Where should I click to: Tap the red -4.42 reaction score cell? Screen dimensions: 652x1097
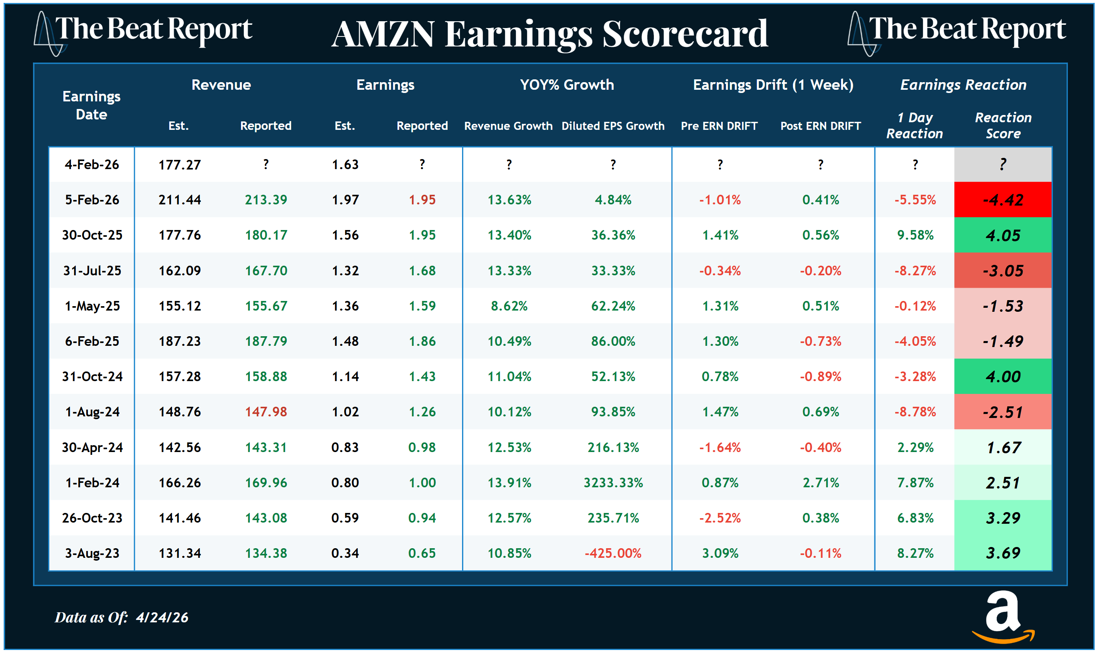[1002, 200]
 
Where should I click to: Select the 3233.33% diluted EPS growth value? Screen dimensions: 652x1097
[613, 483]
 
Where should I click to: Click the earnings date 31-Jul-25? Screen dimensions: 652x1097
[92, 270]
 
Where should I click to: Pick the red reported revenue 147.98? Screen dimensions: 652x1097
[266, 412]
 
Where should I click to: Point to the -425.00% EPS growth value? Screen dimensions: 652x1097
[612, 553]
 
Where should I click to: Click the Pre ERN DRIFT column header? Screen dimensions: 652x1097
[719, 126]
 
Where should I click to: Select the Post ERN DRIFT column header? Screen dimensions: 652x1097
[820, 126]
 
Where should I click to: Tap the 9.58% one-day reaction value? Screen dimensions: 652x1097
[915, 235]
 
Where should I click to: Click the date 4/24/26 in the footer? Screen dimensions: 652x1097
[162, 618]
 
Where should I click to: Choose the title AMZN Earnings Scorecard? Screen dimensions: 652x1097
[549, 34]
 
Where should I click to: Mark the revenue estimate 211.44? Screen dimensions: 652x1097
[179, 200]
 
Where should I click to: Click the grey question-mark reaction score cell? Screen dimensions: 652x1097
[1002, 165]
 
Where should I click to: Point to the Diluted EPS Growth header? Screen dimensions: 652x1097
[612, 126]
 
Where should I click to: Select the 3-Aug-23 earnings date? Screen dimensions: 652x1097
[92, 553]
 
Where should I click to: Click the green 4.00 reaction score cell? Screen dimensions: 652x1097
[1002, 377]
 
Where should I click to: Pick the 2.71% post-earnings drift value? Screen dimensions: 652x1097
[820, 483]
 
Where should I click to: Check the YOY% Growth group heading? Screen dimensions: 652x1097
[567, 85]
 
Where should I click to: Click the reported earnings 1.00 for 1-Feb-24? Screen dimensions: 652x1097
[422, 483]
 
